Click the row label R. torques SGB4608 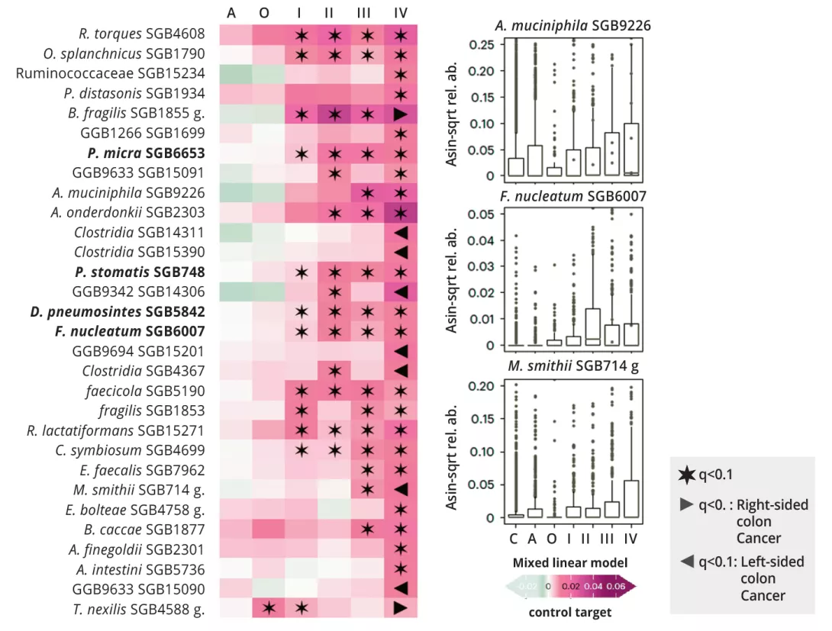[x=142, y=34]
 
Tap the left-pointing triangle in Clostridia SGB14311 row [x=401, y=232]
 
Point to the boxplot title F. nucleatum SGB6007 [x=573, y=197]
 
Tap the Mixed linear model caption [x=570, y=563]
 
